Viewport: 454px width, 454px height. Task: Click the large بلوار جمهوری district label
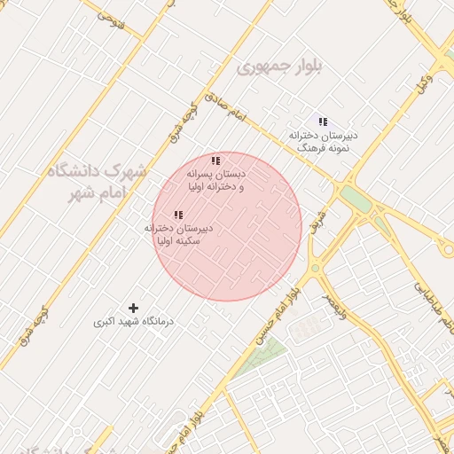tap(280, 67)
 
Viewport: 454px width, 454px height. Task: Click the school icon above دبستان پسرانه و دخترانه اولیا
tap(215, 160)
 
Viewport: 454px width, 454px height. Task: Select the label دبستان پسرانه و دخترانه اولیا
tap(215, 181)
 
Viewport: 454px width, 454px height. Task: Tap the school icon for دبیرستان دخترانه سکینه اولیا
tap(178, 215)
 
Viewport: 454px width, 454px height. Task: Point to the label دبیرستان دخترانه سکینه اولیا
tap(178, 234)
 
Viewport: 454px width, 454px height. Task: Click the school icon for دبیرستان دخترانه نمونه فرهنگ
tap(323, 121)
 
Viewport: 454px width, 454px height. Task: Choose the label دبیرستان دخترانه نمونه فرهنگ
tap(323, 141)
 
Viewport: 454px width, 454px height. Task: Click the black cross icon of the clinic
tap(133, 308)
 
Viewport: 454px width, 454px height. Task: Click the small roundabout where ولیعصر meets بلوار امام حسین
tap(314, 269)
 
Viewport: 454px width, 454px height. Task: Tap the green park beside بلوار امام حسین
tap(265, 356)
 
